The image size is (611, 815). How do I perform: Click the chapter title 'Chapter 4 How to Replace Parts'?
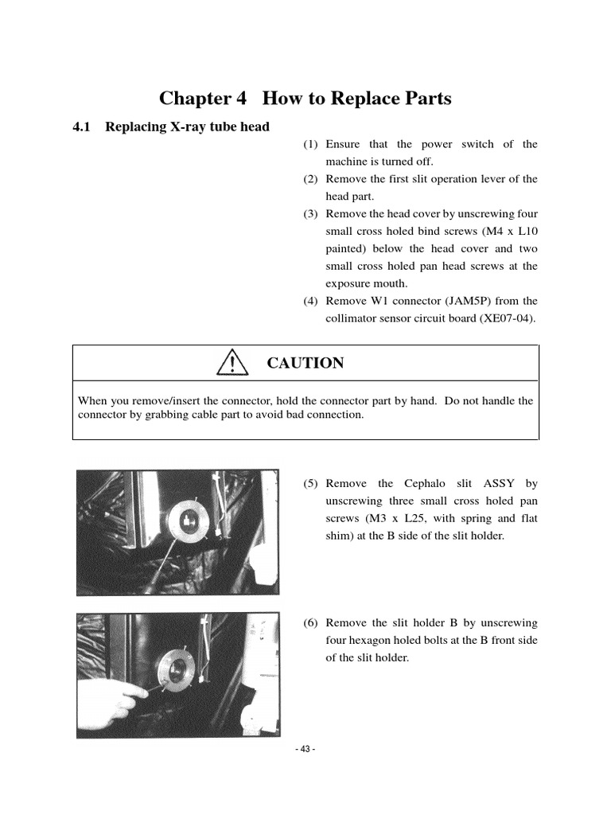[305, 99]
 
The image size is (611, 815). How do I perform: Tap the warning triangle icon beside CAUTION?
[231, 364]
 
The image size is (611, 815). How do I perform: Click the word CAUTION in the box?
[305, 364]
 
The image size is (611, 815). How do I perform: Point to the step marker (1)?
[310, 145]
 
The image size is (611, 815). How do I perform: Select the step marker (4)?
[310, 301]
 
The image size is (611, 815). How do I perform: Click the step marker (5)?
[310, 484]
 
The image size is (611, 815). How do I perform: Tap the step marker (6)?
[310, 623]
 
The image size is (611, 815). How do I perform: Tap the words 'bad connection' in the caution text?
[325, 415]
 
